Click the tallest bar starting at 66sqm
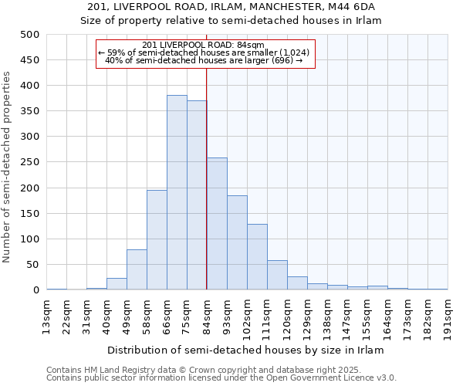pos(177,193)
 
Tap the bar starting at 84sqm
pos(217,224)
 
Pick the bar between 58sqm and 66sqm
pos(157,240)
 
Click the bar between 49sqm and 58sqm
pos(137,269)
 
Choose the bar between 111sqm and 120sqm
pos(277,275)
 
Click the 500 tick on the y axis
pos(30,35)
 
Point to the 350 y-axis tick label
pos(30,111)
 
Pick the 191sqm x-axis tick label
pos(448,316)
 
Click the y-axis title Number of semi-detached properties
pos(8,167)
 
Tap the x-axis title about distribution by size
pos(245,350)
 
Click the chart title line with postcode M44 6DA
pos(231,7)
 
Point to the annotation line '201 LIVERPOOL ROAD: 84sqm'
pos(204,45)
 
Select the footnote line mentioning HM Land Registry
pos(221,370)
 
